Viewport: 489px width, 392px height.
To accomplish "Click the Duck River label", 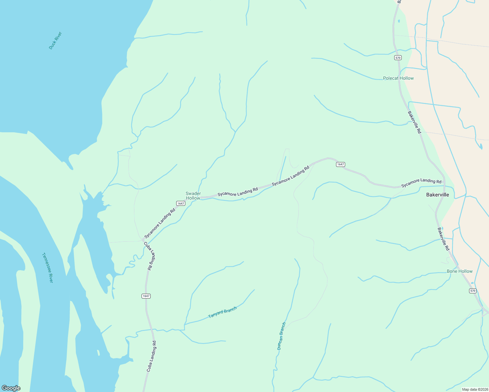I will [55, 41].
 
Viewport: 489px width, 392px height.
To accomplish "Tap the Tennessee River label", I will [47, 268].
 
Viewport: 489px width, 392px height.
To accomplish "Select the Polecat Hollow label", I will [398, 78].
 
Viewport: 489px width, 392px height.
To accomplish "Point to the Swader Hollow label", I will [193, 196].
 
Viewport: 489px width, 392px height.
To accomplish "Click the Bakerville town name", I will [437, 195].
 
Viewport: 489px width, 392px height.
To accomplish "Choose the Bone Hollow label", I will [459, 271].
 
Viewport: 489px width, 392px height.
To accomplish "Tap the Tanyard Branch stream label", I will [222, 312].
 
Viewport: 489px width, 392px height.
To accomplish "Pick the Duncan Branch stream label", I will [281, 336].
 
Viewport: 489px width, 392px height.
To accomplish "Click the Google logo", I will [11, 388].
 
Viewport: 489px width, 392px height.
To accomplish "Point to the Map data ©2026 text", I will [475, 389].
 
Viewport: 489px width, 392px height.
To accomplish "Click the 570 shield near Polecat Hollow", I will [397, 58].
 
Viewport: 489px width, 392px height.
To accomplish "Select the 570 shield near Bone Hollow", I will [472, 291].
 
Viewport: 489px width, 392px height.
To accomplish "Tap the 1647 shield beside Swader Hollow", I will [180, 203].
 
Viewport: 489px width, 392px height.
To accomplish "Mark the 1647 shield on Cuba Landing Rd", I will [146, 296].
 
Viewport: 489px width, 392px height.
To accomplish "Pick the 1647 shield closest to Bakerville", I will [340, 164].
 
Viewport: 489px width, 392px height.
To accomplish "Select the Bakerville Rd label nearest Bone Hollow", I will [443, 239].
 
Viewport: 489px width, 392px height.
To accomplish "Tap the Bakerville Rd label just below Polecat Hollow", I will [414, 122].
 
